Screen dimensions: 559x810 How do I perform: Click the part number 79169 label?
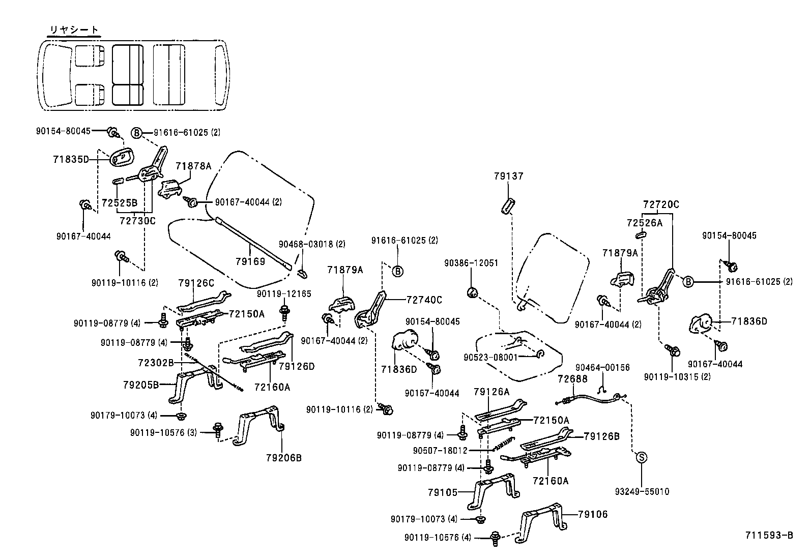click(x=250, y=261)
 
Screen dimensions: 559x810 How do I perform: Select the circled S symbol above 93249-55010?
click(x=642, y=457)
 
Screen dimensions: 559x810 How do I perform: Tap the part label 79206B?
click(x=283, y=458)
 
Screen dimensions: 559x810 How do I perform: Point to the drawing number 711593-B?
click(x=769, y=535)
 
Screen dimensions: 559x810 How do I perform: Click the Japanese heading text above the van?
click(x=74, y=30)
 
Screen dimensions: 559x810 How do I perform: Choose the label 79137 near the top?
click(x=508, y=176)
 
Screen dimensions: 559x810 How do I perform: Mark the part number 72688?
click(x=572, y=379)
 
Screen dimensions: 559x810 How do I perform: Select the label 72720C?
click(x=660, y=205)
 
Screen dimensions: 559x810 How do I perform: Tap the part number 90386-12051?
click(x=471, y=263)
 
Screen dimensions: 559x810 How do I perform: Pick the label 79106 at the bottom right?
click(x=593, y=515)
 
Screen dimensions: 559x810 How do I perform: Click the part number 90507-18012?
click(x=440, y=450)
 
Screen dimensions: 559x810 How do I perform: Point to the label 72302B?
click(x=156, y=363)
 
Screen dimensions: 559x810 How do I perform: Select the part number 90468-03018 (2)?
click(x=312, y=244)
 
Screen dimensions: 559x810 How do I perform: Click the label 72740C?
click(x=424, y=300)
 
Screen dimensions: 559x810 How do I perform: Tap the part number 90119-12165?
click(x=283, y=294)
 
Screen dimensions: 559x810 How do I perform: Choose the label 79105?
click(x=443, y=492)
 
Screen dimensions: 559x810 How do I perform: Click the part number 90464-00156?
click(x=602, y=367)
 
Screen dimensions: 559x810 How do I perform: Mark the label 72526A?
click(x=645, y=222)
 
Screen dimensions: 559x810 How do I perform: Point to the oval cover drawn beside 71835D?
click(x=121, y=158)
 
